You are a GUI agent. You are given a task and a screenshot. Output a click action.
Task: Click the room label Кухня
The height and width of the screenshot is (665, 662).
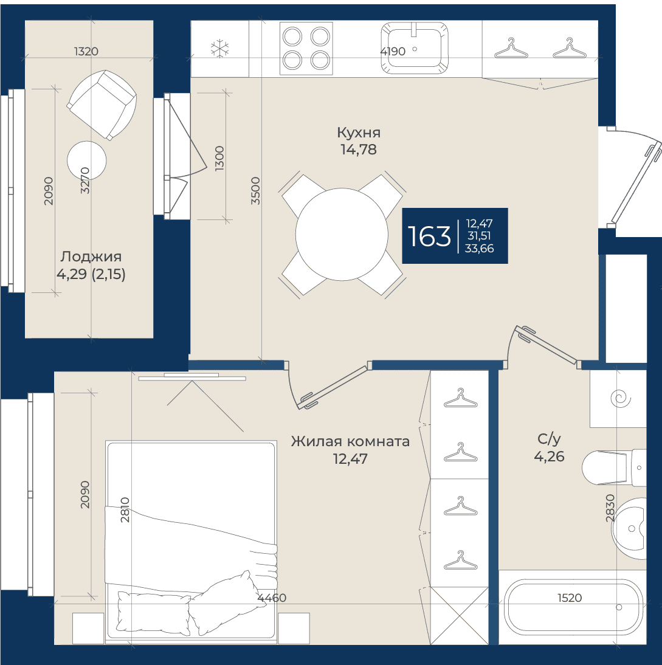point(359,133)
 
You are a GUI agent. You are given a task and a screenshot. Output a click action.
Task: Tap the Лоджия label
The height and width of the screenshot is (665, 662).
point(91,257)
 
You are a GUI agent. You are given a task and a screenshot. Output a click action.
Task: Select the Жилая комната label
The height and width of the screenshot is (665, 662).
point(350,441)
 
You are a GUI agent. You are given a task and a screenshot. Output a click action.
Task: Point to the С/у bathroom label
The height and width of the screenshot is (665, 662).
point(549,439)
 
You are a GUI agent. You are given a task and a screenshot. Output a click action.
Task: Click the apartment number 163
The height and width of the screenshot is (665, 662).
point(429,236)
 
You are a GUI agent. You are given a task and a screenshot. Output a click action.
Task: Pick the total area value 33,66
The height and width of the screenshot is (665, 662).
point(479,249)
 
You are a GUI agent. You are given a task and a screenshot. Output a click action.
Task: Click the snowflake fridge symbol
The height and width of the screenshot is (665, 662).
point(219,49)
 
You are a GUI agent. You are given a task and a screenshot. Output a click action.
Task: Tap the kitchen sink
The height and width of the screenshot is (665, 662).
point(415,47)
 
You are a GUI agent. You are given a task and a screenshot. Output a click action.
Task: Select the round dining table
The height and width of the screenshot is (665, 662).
point(342,235)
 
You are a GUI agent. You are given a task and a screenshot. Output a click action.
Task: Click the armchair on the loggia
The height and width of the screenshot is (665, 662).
point(102,105)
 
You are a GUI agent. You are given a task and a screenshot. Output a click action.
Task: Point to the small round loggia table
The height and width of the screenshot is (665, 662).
point(86,160)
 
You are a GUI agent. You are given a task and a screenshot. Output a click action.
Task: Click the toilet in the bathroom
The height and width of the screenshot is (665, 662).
point(613,468)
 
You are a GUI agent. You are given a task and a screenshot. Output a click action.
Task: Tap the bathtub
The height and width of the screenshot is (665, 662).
point(573,608)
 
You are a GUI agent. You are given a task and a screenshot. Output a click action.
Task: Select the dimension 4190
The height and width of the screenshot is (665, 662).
point(393,52)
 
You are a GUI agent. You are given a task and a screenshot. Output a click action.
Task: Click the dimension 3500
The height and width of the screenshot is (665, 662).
point(255,191)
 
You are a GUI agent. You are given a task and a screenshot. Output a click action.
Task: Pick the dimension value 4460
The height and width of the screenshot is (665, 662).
point(272,598)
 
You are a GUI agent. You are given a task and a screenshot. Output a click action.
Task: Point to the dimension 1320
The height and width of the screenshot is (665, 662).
point(86,51)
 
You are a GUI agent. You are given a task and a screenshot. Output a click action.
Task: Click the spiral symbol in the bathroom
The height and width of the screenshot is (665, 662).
point(619,399)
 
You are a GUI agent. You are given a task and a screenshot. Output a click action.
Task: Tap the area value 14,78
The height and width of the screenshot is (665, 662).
point(359,150)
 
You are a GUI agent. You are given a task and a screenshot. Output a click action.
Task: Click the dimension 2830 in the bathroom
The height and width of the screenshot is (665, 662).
point(610,508)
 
